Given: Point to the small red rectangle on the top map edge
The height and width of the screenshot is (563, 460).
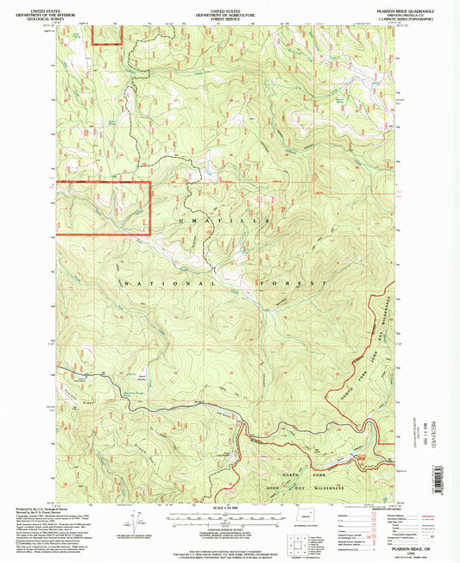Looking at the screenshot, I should (107, 33).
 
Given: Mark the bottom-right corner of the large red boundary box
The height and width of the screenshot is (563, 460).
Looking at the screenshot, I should (150, 235).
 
